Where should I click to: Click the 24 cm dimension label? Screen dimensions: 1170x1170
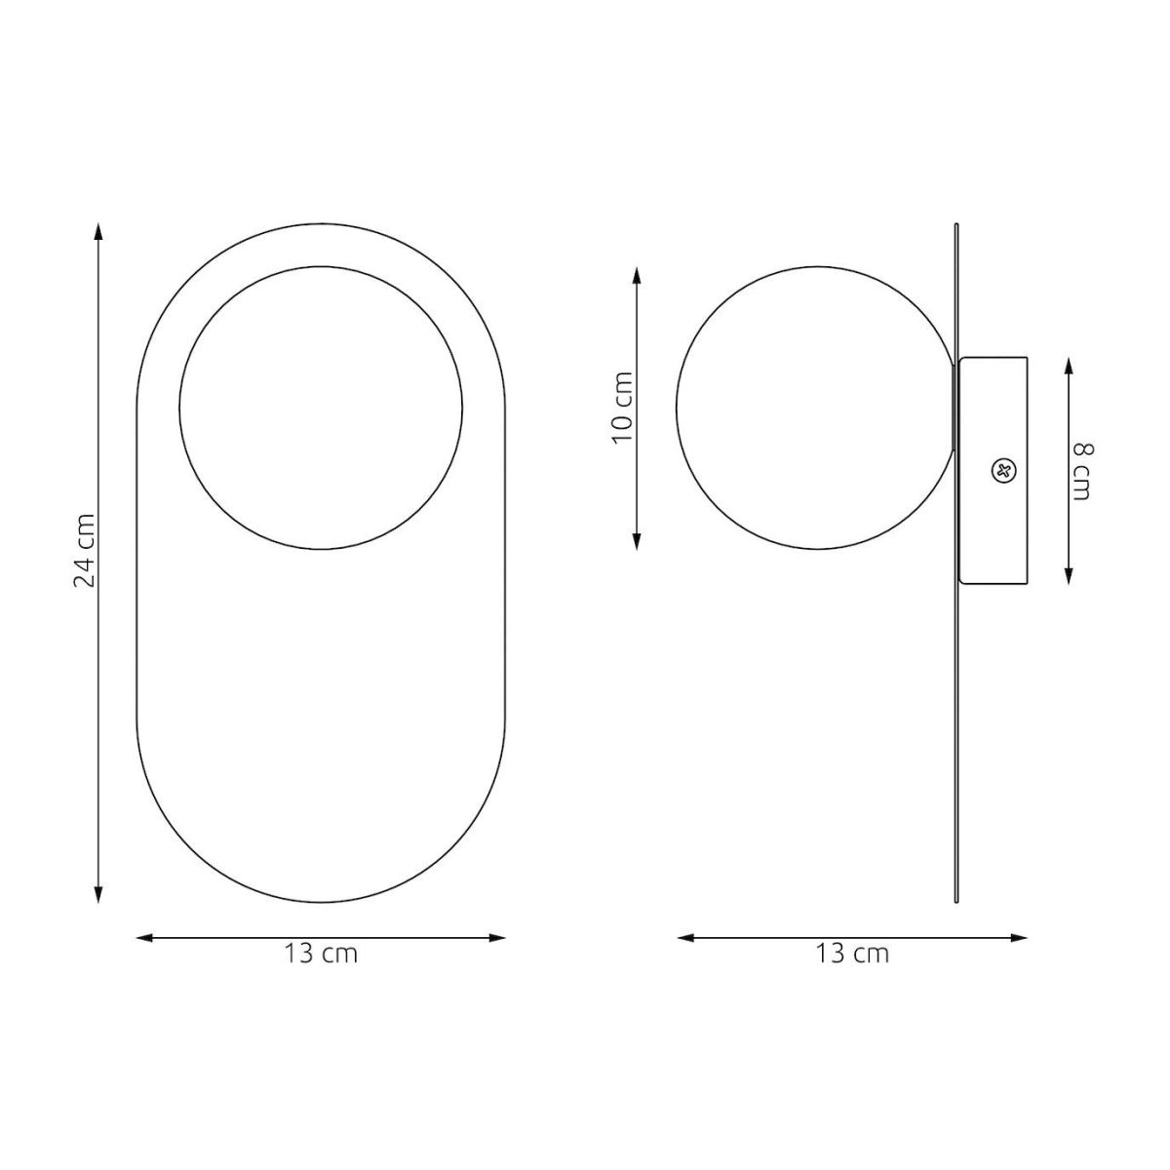(x=85, y=551)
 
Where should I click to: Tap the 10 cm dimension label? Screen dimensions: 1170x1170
(x=623, y=408)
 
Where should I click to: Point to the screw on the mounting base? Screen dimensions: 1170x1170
(x=1002, y=471)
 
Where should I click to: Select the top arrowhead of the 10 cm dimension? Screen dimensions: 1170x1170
(x=637, y=277)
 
